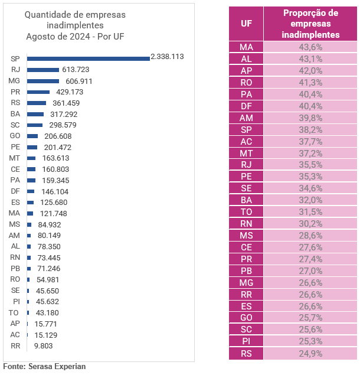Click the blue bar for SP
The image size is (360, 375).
coord(88,58)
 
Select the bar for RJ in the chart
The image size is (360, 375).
coord(43,70)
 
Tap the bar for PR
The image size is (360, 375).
coord(38,92)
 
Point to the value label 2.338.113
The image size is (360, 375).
coord(167,57)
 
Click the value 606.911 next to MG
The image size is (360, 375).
coord(79,81)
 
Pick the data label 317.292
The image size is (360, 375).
coord(64,115)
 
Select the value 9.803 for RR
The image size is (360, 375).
coord(43,346)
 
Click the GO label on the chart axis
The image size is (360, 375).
coord(15,136)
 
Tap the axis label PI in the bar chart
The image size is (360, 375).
coord(17,302)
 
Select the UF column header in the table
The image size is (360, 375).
coord(246,24)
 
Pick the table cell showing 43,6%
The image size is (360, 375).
coord(310,47)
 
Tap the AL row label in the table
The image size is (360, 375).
coord(246,59)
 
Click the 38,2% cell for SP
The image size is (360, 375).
coord(310,129)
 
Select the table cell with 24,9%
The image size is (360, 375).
coord(310,354)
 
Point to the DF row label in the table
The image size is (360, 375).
coord(246,106)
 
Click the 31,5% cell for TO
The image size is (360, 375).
coord(310,212)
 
